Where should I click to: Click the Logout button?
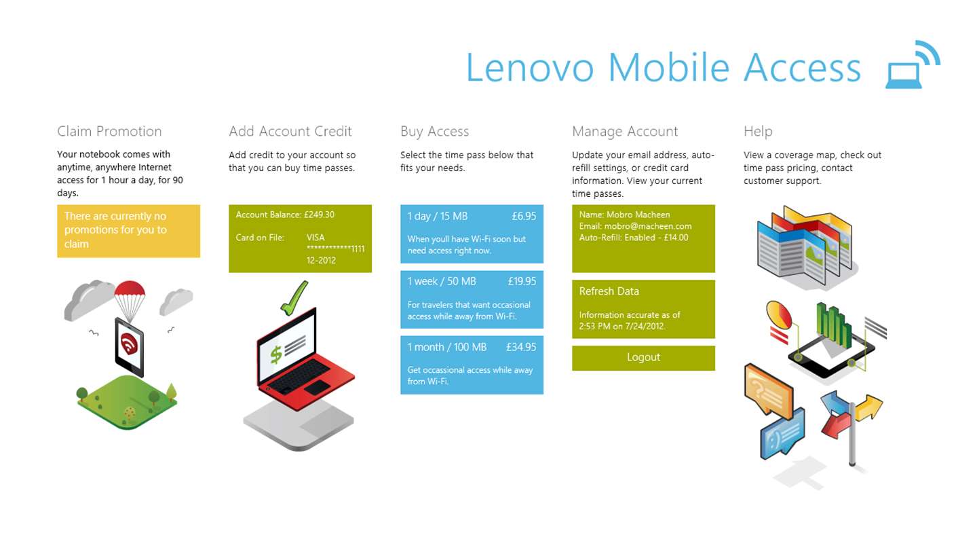[x=643, y=358]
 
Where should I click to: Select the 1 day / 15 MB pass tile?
[x=472, y=234]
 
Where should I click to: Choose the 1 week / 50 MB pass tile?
[x=472, y=299]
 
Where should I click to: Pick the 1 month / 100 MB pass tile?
[x=472, y=365]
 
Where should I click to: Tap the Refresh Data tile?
[x=643, y=309]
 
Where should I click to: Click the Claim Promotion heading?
[x=109, y=131]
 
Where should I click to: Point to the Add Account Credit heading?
[x=290, y=131]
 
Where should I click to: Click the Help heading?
[x=758, y=132]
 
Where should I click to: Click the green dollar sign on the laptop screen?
[x=275, y=354]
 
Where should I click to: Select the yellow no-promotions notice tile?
[x=129, y=231]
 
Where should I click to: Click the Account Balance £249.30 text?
[x=285, y=215]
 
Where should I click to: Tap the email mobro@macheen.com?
[x=648, y=226]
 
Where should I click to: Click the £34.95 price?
[x=521, y=347]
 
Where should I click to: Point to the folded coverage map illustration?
[x=805, y=246]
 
